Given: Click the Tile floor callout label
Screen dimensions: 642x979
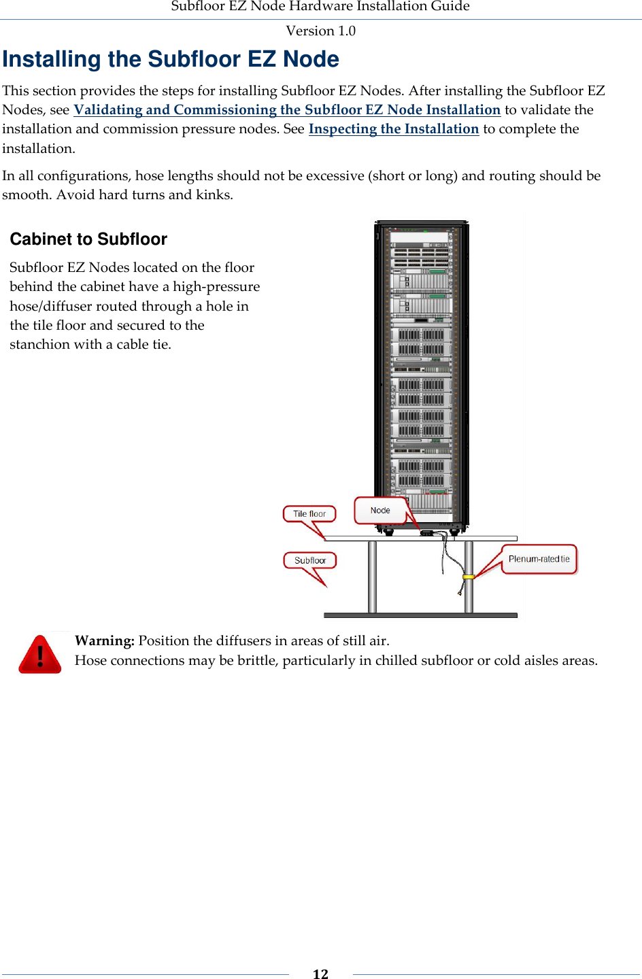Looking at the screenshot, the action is (309, 514).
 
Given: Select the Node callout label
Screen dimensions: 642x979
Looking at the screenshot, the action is (380, 511).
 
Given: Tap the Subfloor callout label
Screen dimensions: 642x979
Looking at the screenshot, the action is (310, 561).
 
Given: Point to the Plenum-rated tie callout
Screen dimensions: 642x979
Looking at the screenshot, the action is (539, 559).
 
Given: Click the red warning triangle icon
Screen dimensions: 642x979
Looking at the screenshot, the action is (40, 655).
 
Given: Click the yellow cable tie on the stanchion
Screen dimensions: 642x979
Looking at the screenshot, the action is (469, 577).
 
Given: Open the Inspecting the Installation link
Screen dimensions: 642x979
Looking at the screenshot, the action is (394, 129).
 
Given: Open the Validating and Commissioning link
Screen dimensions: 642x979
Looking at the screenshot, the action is (287, 110).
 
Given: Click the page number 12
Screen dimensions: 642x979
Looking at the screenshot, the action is (320, 974).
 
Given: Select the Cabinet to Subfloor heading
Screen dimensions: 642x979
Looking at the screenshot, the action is (88, 239).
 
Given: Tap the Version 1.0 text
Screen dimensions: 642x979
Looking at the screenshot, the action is (320, 31).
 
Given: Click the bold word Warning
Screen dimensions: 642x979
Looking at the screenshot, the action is (104, 640).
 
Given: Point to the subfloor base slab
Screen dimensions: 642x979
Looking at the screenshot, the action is (420, 615).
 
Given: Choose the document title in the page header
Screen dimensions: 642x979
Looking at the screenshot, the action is (320, 7).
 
